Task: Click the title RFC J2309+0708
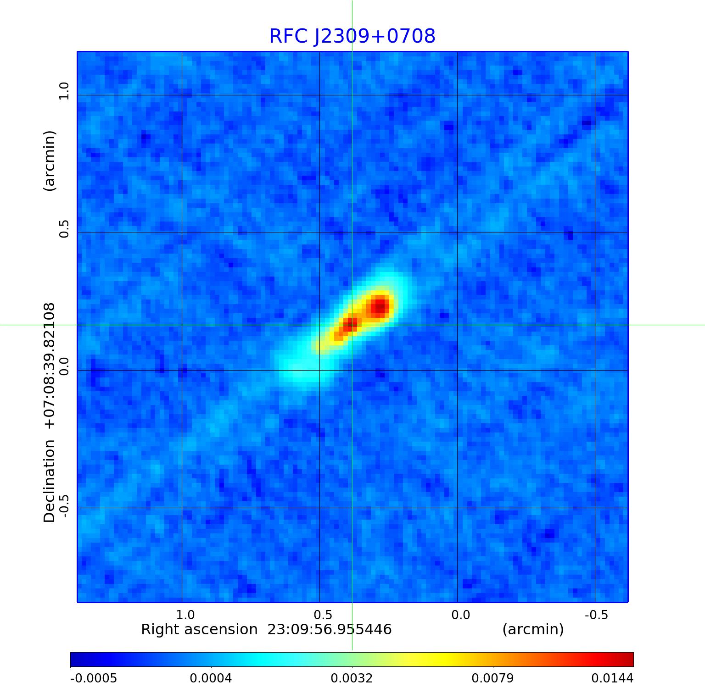coord(352,36)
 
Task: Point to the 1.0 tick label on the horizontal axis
coord(185,615)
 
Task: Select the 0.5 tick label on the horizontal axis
coord(323,615)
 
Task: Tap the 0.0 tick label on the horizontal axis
coord(460,615)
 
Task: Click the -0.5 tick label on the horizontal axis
coord(596,615)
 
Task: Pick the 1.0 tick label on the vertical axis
coord(63,91)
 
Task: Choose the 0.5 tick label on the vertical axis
coord(63,228)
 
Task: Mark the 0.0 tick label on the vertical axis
coord(63,366)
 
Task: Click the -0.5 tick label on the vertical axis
coord(63,505)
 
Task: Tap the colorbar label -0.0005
coord(93,678)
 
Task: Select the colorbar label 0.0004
coord(211,678)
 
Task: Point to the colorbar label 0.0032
coord(352,678)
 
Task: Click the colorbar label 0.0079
coord(493,678)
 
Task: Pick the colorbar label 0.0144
coord(612,678)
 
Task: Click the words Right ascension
coord(199,630)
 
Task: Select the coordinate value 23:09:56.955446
coord(330,630)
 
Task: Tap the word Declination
coord(49,481)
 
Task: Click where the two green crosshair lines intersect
coord(352,325)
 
